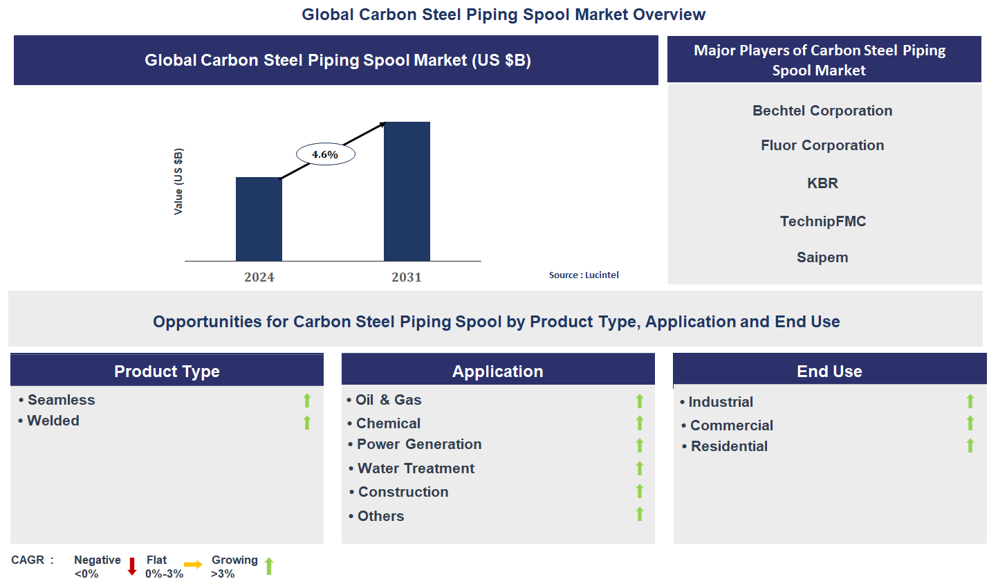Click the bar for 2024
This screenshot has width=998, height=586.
pyautogui.click(x=259, y=219)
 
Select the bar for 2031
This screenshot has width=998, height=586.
pyautogui.click(x=407, y=192)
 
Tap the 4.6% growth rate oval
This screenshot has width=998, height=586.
pyautogui.click(x=325, y=154)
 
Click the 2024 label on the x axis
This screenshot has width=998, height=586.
pyautogui.click(x=259, y=277)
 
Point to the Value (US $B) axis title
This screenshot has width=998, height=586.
pyautogui.click(x=178, y=181)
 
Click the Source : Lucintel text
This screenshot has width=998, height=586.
pyautogui.click(x=584, y=275)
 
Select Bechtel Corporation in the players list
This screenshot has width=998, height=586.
pyautogui.click(x=822, y=111)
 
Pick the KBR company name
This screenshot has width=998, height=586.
pyautogui.click(x=822, y=183)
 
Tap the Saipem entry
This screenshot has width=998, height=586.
pyautogui.click(x=822, y=257)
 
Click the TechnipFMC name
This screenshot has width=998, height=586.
pyautogui.click(x=823, y=221)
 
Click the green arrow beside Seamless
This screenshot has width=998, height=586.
pyautogui.click(x=307, y=401)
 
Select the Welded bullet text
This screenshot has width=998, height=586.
pyautogui.click(x=53, y=421)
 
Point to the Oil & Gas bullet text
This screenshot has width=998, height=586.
pyautogui.click(x=388, y=400)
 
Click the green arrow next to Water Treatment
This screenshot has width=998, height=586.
pyautogui.click(x=640, y=468)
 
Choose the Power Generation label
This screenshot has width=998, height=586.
pyautogui.click(x=418, y=444)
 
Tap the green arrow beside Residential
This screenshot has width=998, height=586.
pyautogui.click(x=970, y=446)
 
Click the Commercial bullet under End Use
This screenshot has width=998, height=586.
pyautogui.click(x=731, y=425)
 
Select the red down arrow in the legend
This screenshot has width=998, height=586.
pyautogui.click(x=132, y=567)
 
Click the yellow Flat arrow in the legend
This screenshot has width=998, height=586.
pyautogui.click(x=193, y=565)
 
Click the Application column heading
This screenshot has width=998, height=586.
pyautogui.click(x=497, y=372)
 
